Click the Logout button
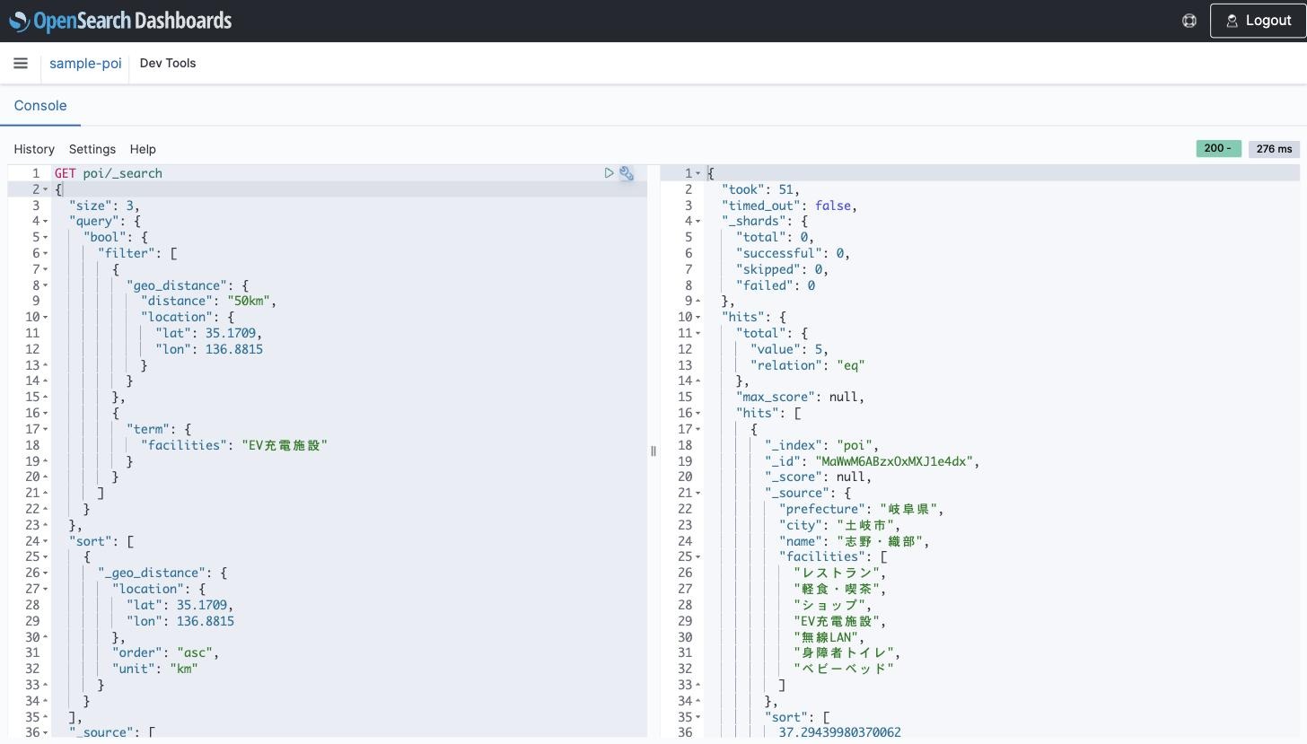click(x=1258, y=21)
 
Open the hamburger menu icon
click(x=21, y=63)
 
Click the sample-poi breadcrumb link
click(x=85, y=63)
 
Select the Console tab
click(x=40, y=106)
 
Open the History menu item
click(x=34, y=149)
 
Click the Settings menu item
click(x=92, y=149)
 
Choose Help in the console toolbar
click(x=143, y=149)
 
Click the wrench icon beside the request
click(x=626, y=173)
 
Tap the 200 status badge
click(x=1218, y=148)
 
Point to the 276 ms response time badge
click(x=1274, y=149)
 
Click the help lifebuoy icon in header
click(x=1189, y=21)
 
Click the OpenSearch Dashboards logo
click(x=120, y=21)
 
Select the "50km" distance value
click(x=249, y=302)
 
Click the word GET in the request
click(x=65, y=173)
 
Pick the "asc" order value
click(x=194, y=652)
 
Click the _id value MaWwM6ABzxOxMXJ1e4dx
click(x=894, y=461)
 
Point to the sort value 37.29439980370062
click(x=839, y=731)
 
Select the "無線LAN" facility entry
click(x=826, y=636)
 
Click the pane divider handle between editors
click(x=653, y=451)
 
